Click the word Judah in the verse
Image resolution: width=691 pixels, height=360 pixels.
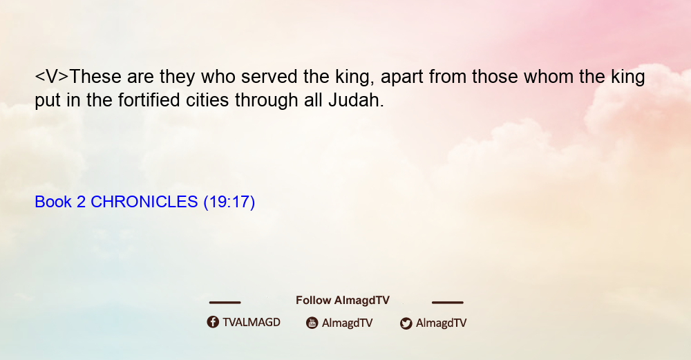coord(356,100)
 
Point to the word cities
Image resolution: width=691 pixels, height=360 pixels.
coord(207,100)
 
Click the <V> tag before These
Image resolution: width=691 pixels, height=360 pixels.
coord(52,77)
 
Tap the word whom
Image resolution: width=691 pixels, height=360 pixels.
coord(548,77)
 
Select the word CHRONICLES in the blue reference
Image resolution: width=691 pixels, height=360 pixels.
coord(144,202)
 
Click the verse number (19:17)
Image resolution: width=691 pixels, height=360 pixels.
coord(229,202)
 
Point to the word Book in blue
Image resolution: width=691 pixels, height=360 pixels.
coord(53,202)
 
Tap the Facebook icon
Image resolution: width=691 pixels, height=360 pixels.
coord(213,322)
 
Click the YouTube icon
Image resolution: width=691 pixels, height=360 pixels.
coord(312,323)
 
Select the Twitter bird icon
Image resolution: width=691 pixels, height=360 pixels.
coord(406,323)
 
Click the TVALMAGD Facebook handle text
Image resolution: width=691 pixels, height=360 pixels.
coord(252,322)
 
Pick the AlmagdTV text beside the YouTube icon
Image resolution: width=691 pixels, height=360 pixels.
coord(348,323)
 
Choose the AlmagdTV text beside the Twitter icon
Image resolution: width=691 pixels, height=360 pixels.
coord(441,323)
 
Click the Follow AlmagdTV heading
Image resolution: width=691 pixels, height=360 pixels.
coord(343,300)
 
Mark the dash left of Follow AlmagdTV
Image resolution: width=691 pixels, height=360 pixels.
coord(225,302)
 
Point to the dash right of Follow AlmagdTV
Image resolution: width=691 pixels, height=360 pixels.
coord(448,302)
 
